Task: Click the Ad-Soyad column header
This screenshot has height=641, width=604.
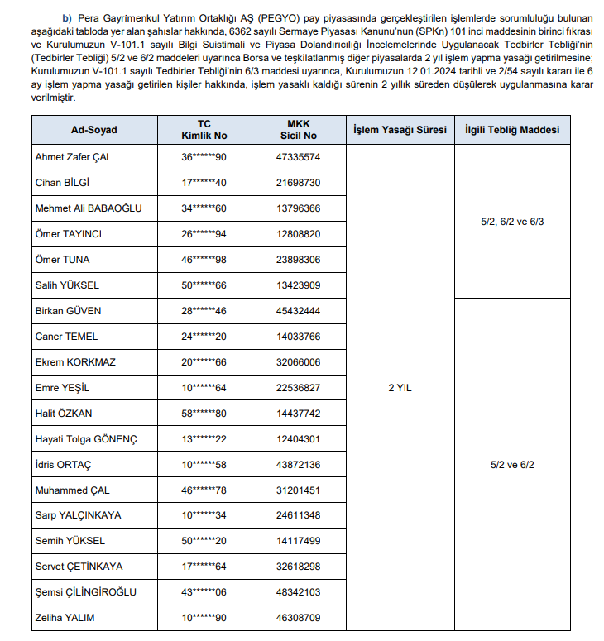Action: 94,130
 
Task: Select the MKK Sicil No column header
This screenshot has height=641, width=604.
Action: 298,130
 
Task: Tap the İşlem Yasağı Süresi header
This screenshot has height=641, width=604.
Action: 400,130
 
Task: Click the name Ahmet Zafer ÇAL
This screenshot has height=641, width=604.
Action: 73,157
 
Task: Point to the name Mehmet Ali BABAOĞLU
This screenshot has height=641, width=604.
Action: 89,208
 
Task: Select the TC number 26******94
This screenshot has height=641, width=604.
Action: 204,234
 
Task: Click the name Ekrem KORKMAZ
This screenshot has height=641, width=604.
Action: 75,362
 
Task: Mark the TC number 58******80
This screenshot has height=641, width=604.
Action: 204,414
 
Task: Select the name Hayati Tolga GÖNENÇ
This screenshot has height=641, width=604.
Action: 86,439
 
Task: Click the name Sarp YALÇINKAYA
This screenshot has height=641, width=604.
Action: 78,515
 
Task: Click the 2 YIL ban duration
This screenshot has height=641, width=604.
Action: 400,387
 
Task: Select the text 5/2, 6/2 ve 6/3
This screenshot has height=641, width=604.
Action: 511,222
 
